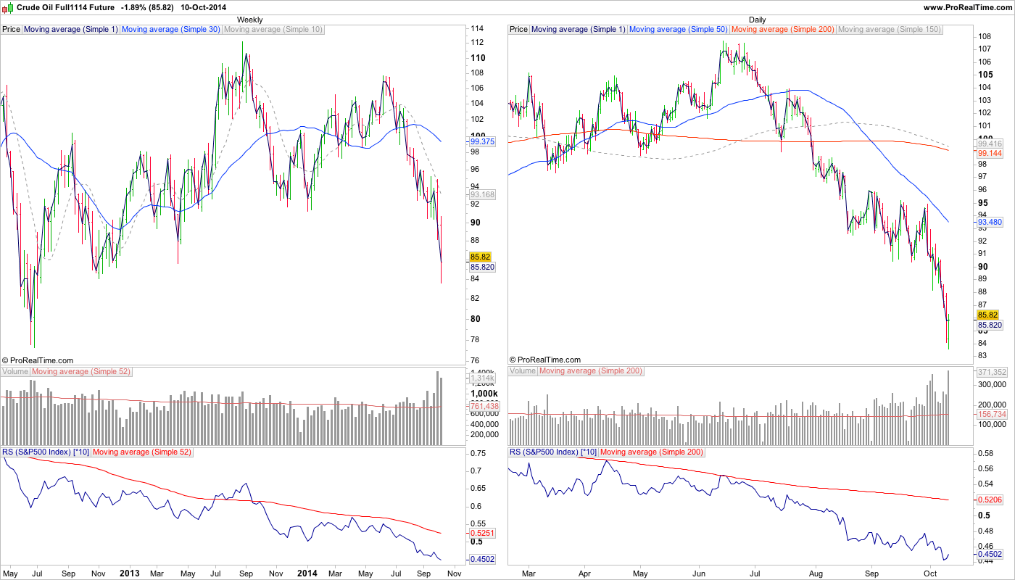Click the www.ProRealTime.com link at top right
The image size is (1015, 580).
(x=967, y=7)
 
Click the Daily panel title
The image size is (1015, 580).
(x=757, y=20)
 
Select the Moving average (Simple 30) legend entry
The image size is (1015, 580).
(x=171, y=30)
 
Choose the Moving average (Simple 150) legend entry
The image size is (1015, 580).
(x=889, y=30)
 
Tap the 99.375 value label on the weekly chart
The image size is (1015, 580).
(x=482, y=142)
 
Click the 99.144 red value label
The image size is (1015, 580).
(x=990, y=154)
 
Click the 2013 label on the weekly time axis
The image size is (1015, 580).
(x=129, y=573)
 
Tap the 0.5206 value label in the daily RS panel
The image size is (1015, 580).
(x=990, y=500)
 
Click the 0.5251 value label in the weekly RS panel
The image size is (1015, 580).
(x=482, y=533)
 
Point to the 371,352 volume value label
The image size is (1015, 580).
(x=991, y=372)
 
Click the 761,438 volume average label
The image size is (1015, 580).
(x=483, y=406)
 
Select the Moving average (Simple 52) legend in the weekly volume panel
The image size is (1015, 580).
(x=80, y=371)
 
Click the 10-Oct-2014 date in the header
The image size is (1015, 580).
(x=204, y=7)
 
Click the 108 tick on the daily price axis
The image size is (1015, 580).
(x=985, y=36)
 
